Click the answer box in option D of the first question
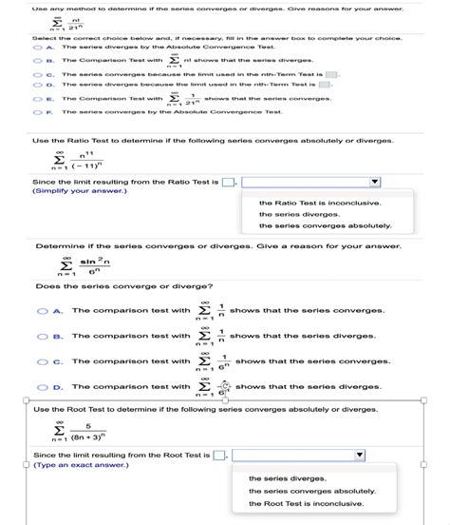coord(324,85)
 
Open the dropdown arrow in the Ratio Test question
coord(374,182)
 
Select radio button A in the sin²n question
coord(43,310)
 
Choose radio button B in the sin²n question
coord(43,336)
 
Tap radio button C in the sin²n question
coord(43,361)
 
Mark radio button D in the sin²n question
coord(43,387)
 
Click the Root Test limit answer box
coord(219,456)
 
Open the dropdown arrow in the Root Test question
coord(359,456)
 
